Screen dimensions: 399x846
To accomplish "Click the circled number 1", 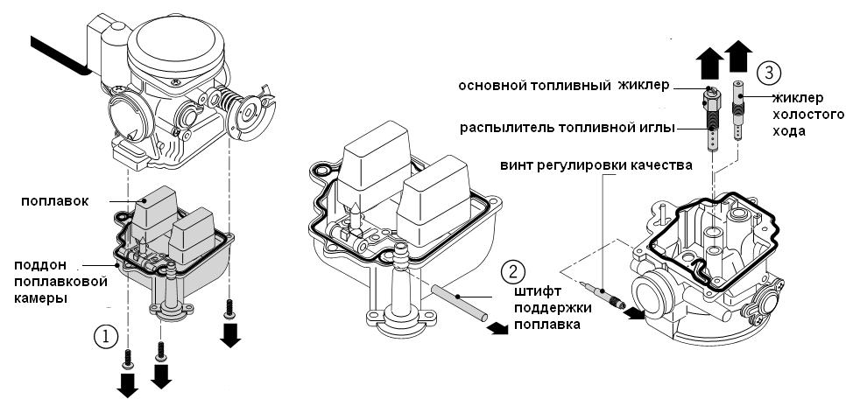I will click(104, 335).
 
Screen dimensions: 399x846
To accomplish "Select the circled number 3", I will click(765, 72).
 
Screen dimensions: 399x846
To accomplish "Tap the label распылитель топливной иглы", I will click(568, 128).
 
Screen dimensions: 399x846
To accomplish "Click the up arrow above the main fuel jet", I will click(708, 60).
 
